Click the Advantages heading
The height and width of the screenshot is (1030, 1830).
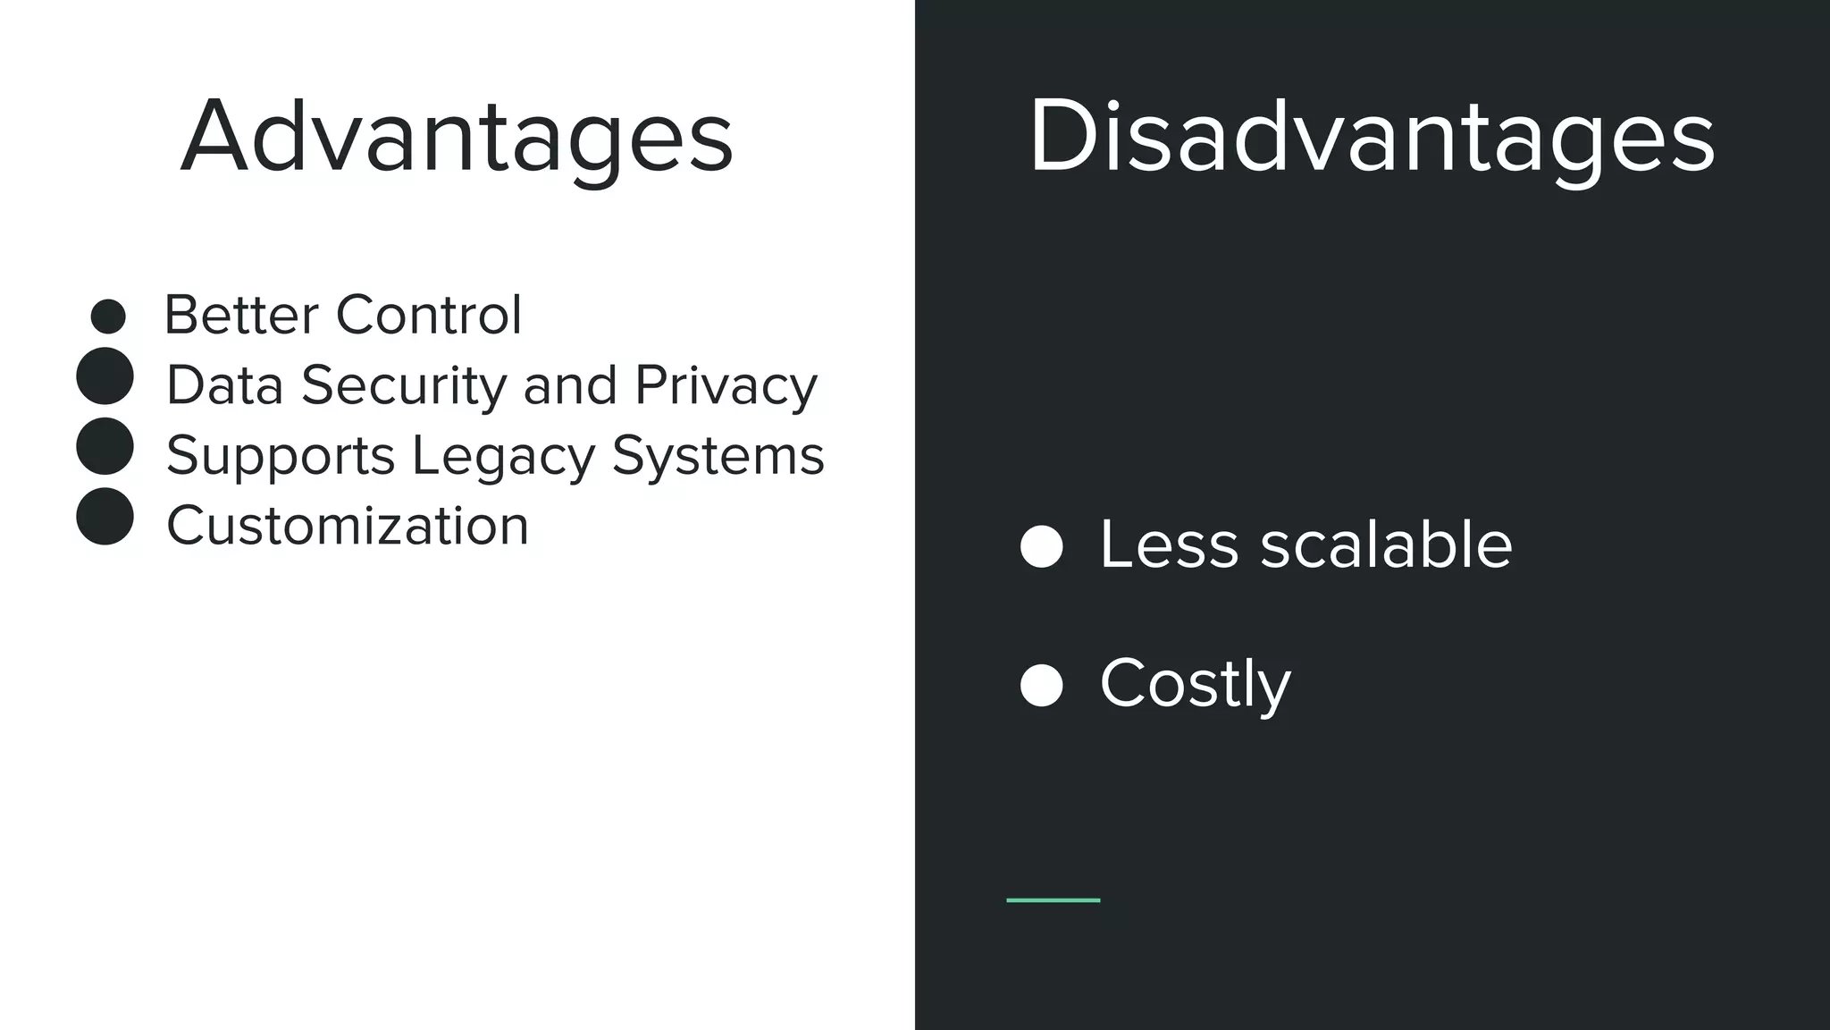click(x=457, y=136)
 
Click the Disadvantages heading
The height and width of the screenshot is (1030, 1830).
click(x=1372, y=136)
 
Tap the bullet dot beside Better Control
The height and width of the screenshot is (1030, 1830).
click(x=108, y=317)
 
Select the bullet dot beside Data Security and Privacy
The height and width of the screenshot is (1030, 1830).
click(x=105, y=376)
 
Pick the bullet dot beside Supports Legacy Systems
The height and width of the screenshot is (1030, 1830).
click(x=105, y=446)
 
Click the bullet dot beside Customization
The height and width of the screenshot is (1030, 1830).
click(x=105, y=517)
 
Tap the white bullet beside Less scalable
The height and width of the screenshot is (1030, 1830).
click(x=1041, y=546)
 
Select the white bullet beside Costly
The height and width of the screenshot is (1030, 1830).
click(x=1041, y=686)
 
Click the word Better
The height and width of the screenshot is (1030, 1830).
click(x=241, y=315)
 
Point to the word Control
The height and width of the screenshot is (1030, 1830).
click(x=428, y=315)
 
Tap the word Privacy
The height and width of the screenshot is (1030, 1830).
click(x=726, y=385)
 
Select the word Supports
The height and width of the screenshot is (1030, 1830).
click(x=280, y=456)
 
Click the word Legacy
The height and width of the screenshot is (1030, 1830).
click(x=502, y=456)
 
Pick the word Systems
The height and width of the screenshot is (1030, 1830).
click(x=718, y=456)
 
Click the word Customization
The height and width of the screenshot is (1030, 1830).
click(x=348, y=525)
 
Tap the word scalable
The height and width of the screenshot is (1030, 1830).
click(x=1386, y=544)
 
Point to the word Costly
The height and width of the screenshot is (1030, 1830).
click(x=1195, y=684)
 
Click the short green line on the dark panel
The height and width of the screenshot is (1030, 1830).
click(x=1053, y=900)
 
